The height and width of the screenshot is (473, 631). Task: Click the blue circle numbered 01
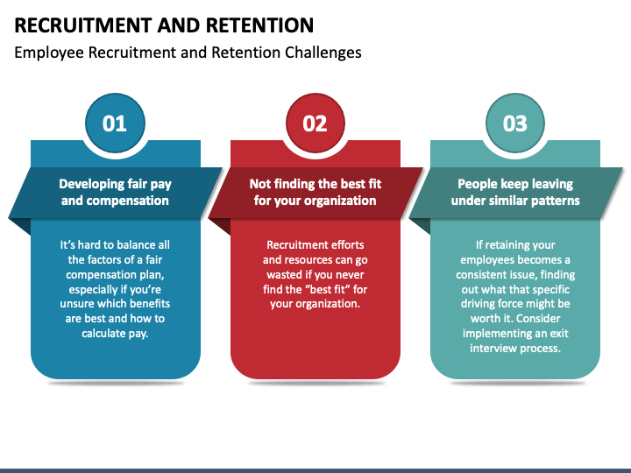pos(115,124)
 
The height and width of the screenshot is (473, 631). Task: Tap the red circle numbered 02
pos(315,124)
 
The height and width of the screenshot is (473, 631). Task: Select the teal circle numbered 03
pos(515,124)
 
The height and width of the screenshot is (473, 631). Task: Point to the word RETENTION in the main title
pos(260,25)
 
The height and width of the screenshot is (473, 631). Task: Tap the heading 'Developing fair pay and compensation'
pos(115,192)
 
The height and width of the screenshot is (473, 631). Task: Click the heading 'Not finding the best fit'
pos(315,184)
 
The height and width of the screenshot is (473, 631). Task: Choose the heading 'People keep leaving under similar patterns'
pos(515,192)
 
